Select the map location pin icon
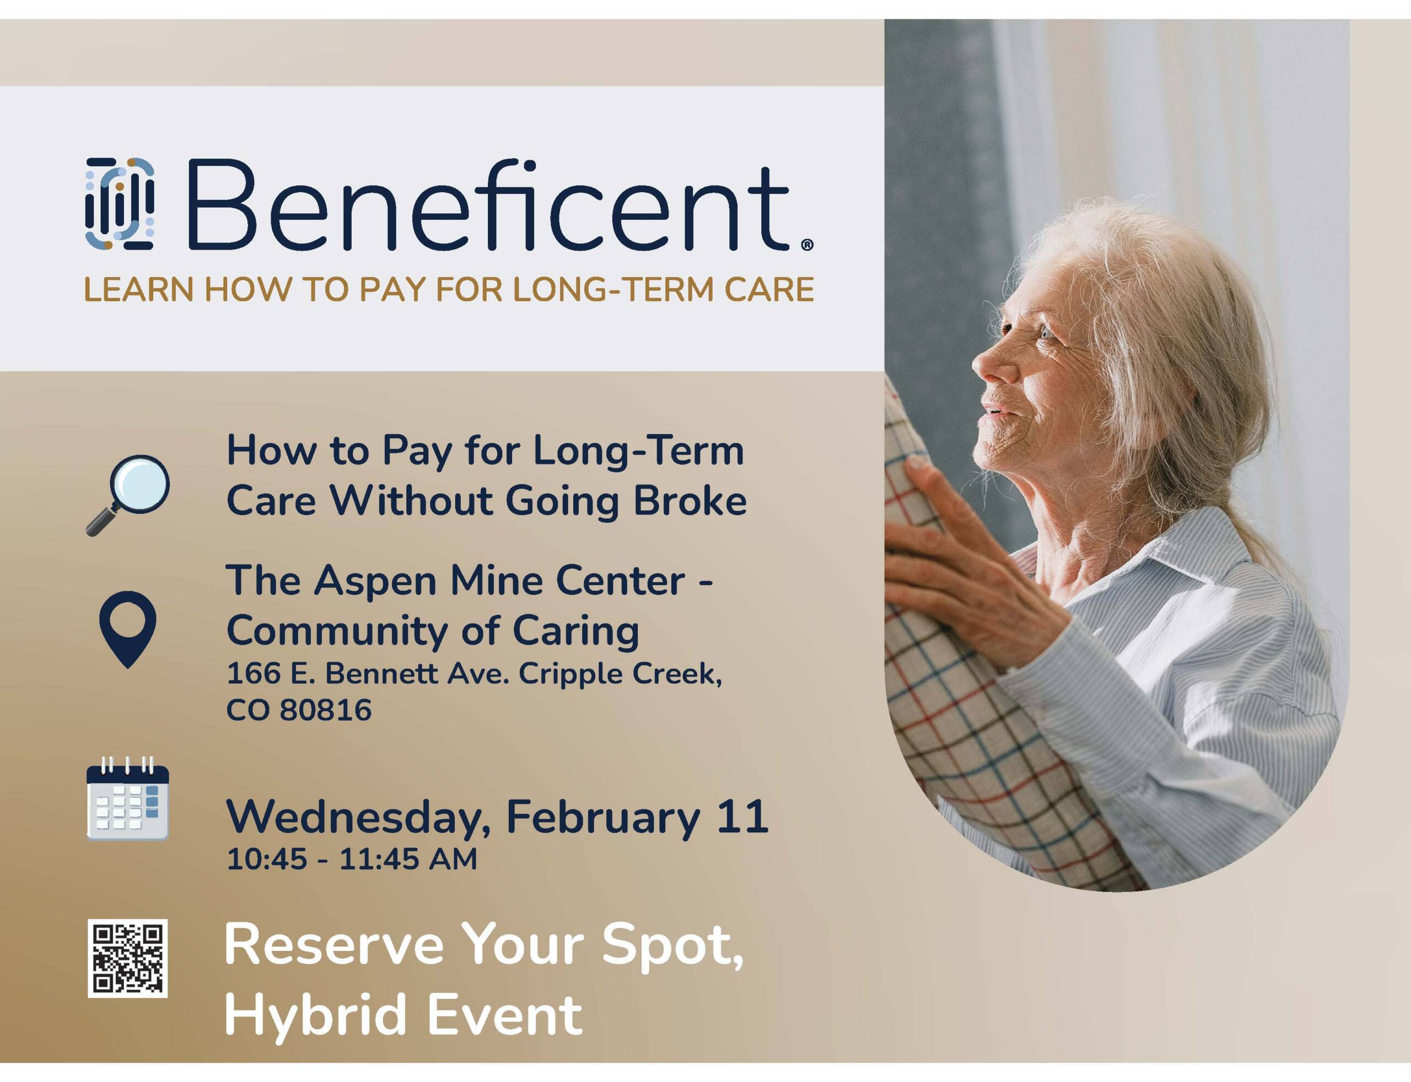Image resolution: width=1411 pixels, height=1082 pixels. tap(128, 629)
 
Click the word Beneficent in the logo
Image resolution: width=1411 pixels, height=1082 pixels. tap(488, 204)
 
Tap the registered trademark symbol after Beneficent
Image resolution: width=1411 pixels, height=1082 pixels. tap(807, 245)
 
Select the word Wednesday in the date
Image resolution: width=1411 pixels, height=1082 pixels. tap(359, 818)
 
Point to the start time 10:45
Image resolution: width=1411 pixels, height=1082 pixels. tap(267, 860)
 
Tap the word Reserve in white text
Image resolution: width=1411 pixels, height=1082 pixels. tap(335, 945)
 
